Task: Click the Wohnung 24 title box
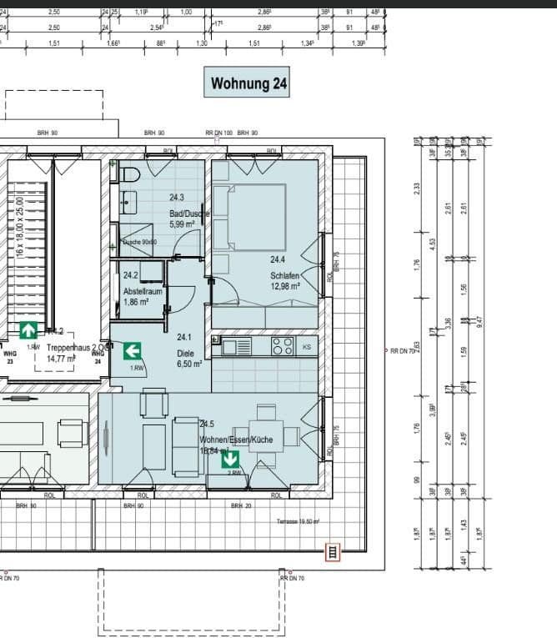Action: [x=247, y=83]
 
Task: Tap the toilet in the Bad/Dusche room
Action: [x=129, y=176]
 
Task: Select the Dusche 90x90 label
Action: [x=139, y=242]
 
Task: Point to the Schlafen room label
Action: [x=284, y=276]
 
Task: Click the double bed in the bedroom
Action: [x=249, y=215]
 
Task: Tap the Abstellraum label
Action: [x=142, y=292]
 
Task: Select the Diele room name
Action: [x=184, y=353]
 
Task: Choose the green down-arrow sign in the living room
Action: [x=230, y=458]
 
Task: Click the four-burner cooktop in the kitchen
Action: [x=282, y=346]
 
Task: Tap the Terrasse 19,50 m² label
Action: [x=298, y=521]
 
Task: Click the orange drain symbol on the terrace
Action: [x=333, y=551]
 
